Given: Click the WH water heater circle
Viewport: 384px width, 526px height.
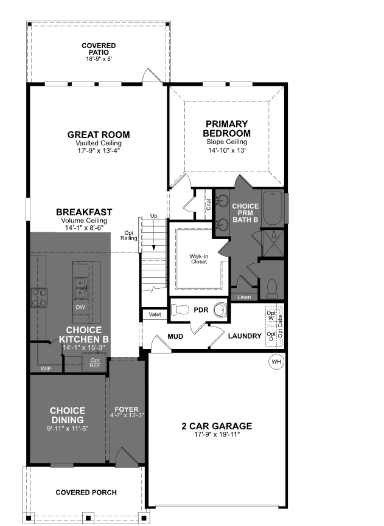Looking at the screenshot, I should pos(277,362).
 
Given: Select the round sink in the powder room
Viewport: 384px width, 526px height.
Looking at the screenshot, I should pos(220,310).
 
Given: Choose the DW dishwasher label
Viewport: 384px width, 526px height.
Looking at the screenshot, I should pos(80,307).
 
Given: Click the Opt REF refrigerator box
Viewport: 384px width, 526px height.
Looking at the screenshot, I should pos(94,363).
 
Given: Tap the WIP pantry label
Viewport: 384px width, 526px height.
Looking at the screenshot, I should pos(46,369).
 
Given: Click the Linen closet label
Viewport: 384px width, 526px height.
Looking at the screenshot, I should pos(244,297).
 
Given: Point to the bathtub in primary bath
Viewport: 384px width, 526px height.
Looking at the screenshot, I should pos(273,209).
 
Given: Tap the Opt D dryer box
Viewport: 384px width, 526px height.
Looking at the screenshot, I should pos(270,336).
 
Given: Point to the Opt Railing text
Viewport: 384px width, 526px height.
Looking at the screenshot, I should pos(128,236).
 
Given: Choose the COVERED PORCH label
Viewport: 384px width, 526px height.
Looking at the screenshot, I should pos(86,492).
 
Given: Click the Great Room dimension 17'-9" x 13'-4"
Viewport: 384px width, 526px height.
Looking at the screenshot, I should pos(98,150).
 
